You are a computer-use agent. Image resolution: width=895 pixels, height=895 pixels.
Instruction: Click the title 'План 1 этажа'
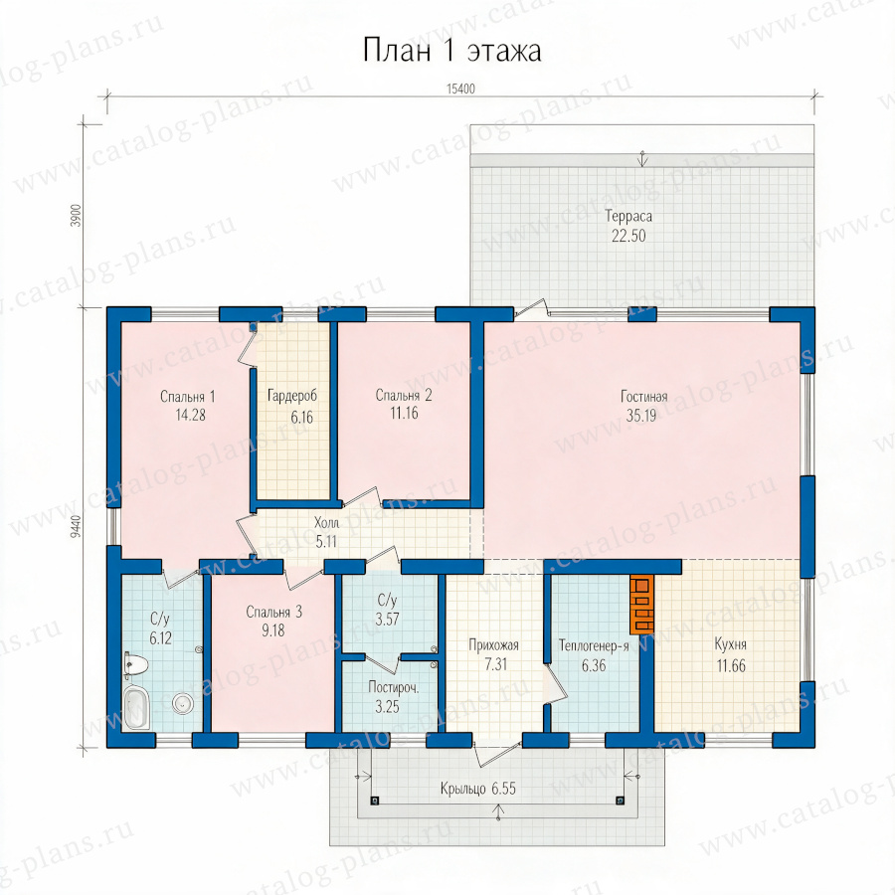click(x=451, y=51)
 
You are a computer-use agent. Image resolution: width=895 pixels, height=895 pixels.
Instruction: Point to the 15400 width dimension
click(x=460, y=89)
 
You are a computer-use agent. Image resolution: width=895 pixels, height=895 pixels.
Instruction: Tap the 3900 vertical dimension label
click(x=77, y=216)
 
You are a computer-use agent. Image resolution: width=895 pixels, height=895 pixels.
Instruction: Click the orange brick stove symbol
click(x=641, y=604)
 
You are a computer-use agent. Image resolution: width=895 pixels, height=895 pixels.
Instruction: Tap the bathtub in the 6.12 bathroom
click(x=137, y=707)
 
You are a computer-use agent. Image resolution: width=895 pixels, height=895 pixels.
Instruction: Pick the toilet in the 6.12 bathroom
click(x=136, y=665)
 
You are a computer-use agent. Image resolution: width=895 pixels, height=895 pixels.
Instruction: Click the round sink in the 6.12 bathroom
click(x=183, y=703)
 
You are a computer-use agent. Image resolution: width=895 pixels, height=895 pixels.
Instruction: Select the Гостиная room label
click(x=643, y=396)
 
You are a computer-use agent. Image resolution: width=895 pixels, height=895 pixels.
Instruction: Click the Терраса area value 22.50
click(x=628, y=236)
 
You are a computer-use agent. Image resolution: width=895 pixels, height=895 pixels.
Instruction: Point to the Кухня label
click(x=731, y=644)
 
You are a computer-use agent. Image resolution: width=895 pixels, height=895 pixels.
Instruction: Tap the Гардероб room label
click(x=292, y=395)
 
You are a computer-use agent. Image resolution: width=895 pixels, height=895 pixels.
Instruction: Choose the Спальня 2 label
click(x=404, y=395)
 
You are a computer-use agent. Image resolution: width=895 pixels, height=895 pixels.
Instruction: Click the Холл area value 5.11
click(x=326, y=541)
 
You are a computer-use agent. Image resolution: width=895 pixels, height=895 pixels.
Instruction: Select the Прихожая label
click(x=493, y=645)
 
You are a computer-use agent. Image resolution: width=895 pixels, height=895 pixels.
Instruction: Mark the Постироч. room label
click(x=393, y=688)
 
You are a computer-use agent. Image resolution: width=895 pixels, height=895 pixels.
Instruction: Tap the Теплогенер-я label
click(x=594, y=645)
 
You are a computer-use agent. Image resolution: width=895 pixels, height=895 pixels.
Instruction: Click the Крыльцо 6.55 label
click(x=477, y=789)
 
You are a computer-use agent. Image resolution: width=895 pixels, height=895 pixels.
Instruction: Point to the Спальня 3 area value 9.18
click(x=272, y=630)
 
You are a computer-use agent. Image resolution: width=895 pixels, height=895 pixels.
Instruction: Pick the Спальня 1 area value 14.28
click(x=190, y=415)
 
